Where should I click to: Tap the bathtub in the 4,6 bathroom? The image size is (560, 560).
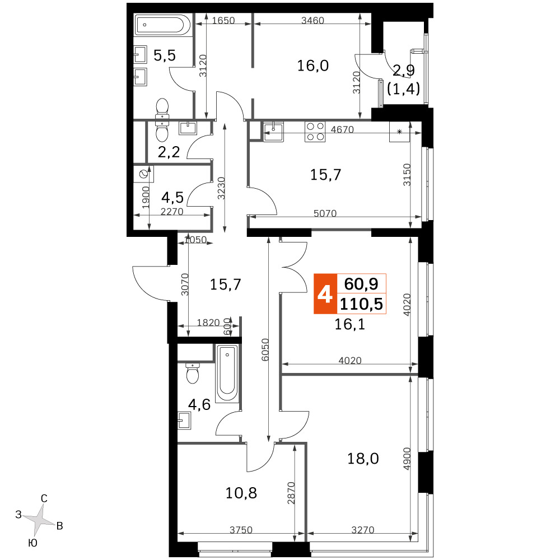pyautogui.click(x=227, y=373)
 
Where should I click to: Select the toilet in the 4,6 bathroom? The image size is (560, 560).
pyautogui.click(x=193, y=373)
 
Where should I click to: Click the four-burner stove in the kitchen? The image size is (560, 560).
pyautogui.click(x=315, y=132)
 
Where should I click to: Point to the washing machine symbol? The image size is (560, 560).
pyautogui.click(x=144, y=174)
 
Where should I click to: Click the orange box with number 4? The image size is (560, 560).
pyautogui.click(x=325, y=294)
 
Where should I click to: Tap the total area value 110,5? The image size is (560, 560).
pyautogui.click(x=361, y=304)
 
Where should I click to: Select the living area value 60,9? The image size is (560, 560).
pyautogui.click(x=361, y=284)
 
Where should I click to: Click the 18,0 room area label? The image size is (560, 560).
pyautogui.click(x=363, y=459)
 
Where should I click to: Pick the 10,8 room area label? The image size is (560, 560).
pyautogui.click(x=241, y=493)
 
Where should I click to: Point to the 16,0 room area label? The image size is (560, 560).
pyautogui.click(x=313, y=66)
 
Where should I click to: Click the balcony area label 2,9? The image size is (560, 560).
pyautogui.click(x=404, y=71)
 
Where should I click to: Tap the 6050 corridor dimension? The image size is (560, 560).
pyautogui.click(x=265, y=349)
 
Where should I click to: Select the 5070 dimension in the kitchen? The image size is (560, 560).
pyautogui.click(x=325, y=213)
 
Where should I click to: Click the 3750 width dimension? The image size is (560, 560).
pyautogui.click(x=241, y=530)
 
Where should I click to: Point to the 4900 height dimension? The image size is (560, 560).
pyautogui.click(x=407, y=459)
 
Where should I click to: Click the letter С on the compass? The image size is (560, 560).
pyautogui.click(x=44, y=498)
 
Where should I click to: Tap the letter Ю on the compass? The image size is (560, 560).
pyautogui.click(x=32, y=543)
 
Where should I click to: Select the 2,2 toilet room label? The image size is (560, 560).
pyautogui.click(x=169, y=152)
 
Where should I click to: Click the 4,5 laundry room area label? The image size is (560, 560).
pyautogui.click(x=172, y=197)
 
